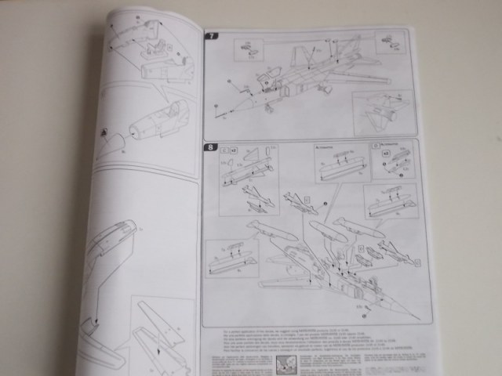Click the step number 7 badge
(x=210, y=37)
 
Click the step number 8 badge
(x=209, y=146)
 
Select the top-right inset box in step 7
(x=390, y=43)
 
